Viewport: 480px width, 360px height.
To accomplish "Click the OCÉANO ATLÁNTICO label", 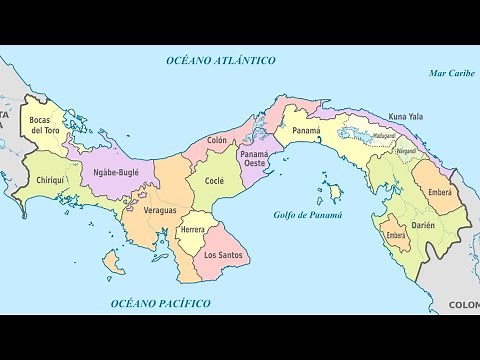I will [221, 61].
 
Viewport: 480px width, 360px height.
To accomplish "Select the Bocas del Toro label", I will [45, 125].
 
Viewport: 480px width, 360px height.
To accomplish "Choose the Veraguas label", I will [160, 210].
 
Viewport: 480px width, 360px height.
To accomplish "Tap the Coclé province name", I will [214, 181].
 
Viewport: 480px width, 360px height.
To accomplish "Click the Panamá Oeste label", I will [254, 160].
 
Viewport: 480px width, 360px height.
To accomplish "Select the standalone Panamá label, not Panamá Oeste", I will [306, 130].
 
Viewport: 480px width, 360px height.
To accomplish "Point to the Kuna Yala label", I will [405, 117].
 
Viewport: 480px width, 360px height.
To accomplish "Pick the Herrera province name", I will [192, 230].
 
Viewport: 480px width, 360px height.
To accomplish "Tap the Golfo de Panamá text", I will [308, 215].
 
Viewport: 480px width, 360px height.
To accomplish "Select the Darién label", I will [423, 226].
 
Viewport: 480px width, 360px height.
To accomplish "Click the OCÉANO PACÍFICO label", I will [160, 302].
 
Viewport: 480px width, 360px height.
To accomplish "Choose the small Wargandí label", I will [405, 151].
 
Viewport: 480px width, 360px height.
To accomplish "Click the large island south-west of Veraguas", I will [114, 262].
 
